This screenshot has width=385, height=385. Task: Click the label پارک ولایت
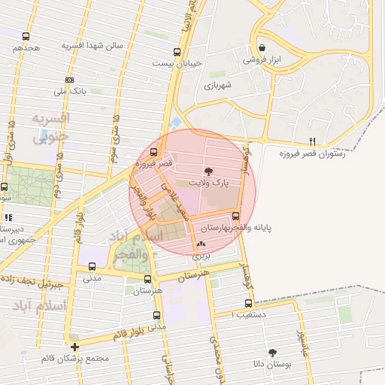pos(208,183)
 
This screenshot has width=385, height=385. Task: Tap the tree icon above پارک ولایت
pos(209,172)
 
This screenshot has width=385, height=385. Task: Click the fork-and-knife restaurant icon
pos(312,141)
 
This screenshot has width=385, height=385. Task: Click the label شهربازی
pos(220,85)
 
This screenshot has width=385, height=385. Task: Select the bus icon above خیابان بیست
pos(177,53)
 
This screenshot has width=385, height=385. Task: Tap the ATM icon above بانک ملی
pos(69,80)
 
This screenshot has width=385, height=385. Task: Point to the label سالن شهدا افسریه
pos(92,46)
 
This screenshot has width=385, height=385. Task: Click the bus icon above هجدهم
pos(26,36)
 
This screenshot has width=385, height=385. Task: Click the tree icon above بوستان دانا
pos(272,352)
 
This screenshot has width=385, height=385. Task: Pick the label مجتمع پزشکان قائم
pos(75,358)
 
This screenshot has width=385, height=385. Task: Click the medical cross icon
pos(74,347)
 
